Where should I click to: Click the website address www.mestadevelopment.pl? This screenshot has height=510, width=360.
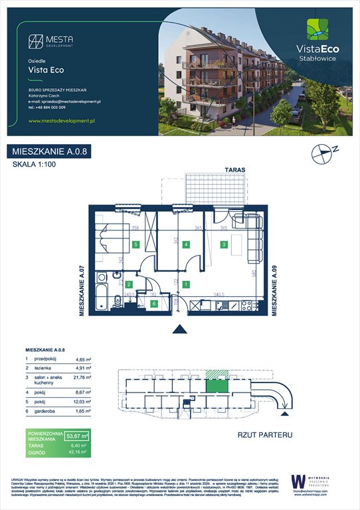tap(64, 121)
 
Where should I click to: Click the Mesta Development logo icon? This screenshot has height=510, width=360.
tap(37, 41)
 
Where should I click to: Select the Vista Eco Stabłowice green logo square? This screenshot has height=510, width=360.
tap(316, 29)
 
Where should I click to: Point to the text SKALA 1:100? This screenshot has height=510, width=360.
tap(33, 165)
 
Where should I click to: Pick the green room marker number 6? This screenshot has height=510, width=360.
tap(154, 304)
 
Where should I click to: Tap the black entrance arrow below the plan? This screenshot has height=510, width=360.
tap(179, 329)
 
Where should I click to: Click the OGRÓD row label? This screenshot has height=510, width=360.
tap(38, 454)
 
